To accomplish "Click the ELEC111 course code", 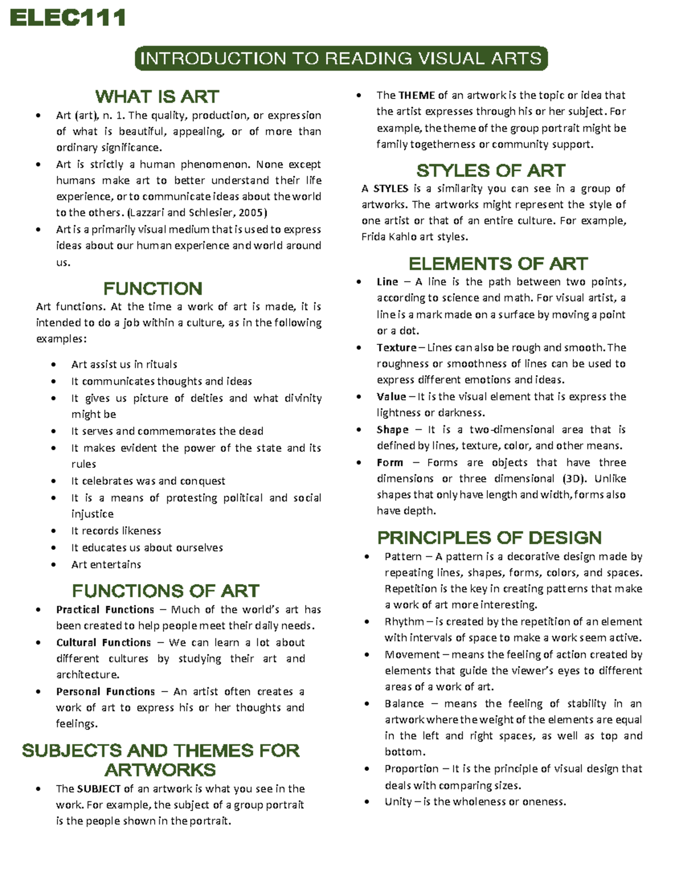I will (x=68, y=18).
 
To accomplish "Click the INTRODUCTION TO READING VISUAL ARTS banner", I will (x=341, y=59).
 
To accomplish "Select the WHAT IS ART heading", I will (x=157, y=96).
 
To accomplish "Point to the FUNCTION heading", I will (x=153, y=288).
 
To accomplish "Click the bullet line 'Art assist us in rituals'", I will (x=124, y=364).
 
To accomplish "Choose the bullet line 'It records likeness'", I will (x=116, y=531).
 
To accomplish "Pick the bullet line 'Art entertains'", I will (x=106, y=565).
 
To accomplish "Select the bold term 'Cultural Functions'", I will (x=104, y=643).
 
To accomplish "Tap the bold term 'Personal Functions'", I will (x=105, y=692).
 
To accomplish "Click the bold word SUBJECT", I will (x=98, y=789).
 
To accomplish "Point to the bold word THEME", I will (x=417, y=95).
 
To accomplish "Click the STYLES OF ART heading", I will (x=491, y=171).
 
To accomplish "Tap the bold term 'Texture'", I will (x=396, y=348).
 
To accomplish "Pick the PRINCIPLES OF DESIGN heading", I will (x=489, y=538).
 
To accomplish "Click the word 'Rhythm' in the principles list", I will (x=404, y=622).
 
